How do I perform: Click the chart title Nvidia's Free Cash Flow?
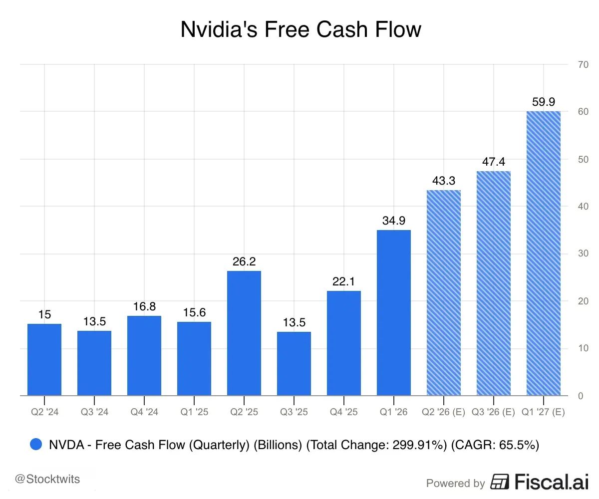300,30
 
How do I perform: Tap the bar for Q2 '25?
244,333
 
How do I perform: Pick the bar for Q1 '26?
394,312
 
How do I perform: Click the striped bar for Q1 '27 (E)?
544,253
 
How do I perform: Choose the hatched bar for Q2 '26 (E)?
444,292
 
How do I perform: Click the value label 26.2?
244,261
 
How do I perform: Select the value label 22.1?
344,281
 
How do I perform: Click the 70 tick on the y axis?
582,64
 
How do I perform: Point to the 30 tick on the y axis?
582,253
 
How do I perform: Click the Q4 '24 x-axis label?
144,413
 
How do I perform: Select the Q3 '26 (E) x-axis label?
494,413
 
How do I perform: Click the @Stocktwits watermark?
47,480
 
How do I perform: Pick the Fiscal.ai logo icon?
499,482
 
